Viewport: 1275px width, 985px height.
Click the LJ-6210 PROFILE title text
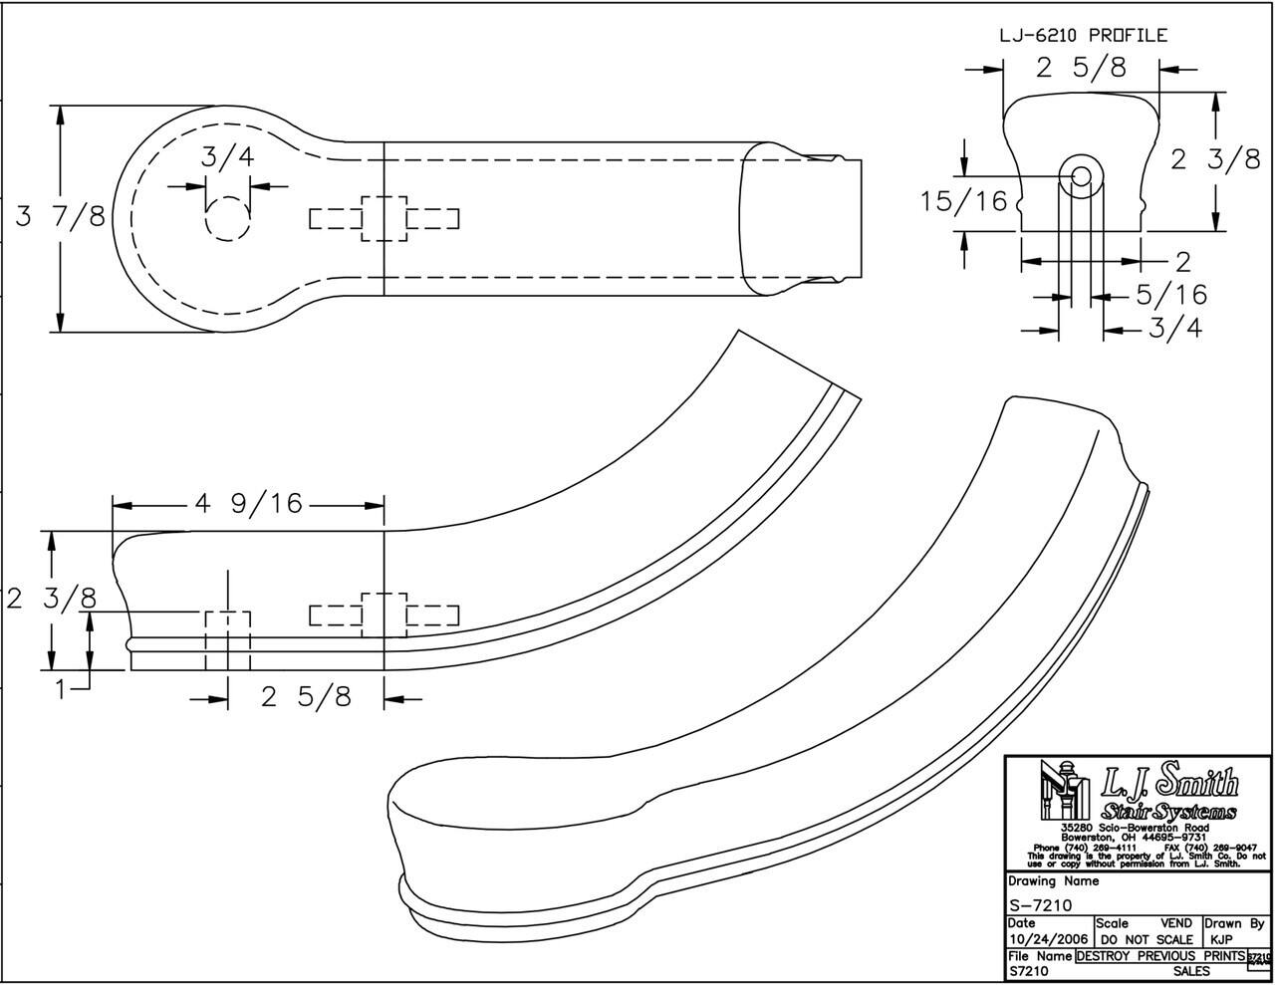tap(1083, 36)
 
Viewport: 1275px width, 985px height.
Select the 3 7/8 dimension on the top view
tap(60, 216)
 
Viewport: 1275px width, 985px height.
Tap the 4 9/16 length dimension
tap(248, 504)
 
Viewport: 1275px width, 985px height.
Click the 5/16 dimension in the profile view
tap(1172, 295)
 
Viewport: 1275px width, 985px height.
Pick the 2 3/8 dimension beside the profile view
tap(1215, 159)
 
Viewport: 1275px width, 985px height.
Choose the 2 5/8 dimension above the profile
tap(1081, 68)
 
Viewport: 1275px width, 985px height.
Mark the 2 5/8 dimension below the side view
tap(306, 697)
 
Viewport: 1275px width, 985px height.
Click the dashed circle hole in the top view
tap(228, 218)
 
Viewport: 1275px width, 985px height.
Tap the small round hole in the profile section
tap(1082, 176)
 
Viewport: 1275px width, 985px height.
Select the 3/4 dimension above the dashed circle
tap(227, 157)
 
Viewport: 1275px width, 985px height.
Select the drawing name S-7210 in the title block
tap(1040, 905)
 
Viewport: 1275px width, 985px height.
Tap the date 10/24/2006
tap(1048, 939)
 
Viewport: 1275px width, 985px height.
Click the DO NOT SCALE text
tap(1147, 939)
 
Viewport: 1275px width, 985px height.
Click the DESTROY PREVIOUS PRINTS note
tap(1160, 956)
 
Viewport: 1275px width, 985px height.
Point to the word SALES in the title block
tap(1191, 971)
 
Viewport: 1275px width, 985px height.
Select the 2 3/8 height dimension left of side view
tap(52, 600)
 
